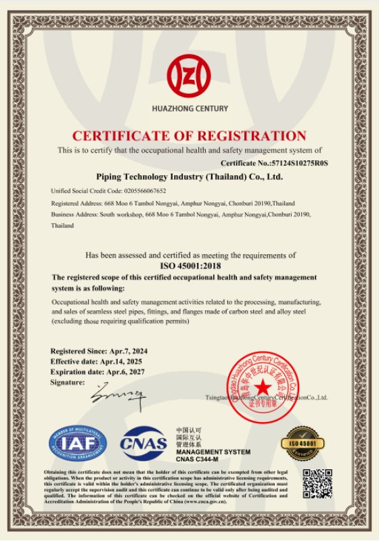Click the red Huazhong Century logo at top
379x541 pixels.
point(189,74)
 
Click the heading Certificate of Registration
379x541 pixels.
point(189,135)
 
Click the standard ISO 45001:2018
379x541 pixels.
point(189,266)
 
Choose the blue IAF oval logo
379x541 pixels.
point(77,444)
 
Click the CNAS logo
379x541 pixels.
point(143,444)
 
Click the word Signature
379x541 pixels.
point(67,383)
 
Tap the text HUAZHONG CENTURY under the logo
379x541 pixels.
point(189,108)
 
